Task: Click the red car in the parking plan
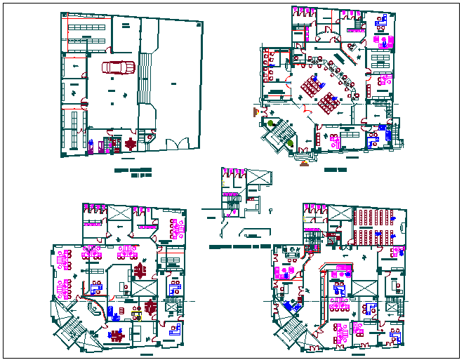click(118, 67)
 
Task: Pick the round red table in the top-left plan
click(130, 144)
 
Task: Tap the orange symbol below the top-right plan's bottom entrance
click(305, 166)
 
